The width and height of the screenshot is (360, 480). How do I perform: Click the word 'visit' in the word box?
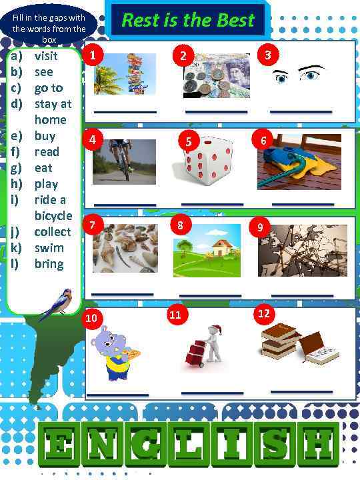(46, 56)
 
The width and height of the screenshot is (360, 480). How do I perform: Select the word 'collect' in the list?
(53, 232)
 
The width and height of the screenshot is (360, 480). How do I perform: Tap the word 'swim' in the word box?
(49, 248)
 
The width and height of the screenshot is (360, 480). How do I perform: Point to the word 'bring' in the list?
(49, 264)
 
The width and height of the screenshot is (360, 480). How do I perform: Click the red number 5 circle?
(189, 141)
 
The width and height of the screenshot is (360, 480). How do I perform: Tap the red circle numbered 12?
(264, 313)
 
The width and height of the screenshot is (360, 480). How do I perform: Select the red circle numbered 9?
(260, 227)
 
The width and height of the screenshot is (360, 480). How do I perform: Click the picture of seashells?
(125, 248)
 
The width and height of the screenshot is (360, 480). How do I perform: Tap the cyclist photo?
(124, 162)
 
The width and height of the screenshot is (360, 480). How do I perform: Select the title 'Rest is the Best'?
(188, 20)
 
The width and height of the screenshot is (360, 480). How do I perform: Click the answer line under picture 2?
(217, 112)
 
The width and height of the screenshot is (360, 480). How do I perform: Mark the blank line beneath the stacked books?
(301, 391)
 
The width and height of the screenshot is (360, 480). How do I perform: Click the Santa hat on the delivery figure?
(216, 329)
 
